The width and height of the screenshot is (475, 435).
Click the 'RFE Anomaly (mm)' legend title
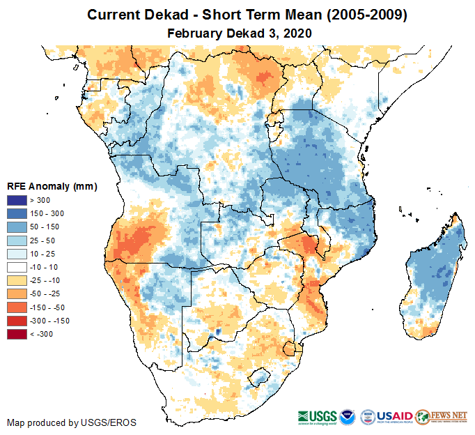click(x=52, y=186)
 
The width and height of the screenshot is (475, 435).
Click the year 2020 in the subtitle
click(x=296, y=33)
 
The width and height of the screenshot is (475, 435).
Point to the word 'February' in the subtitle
click(x=195, y=33)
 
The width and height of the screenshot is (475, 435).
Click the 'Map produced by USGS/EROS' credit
click(x=72, y=422)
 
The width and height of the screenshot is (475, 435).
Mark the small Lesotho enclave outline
click(x=260, y=376)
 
